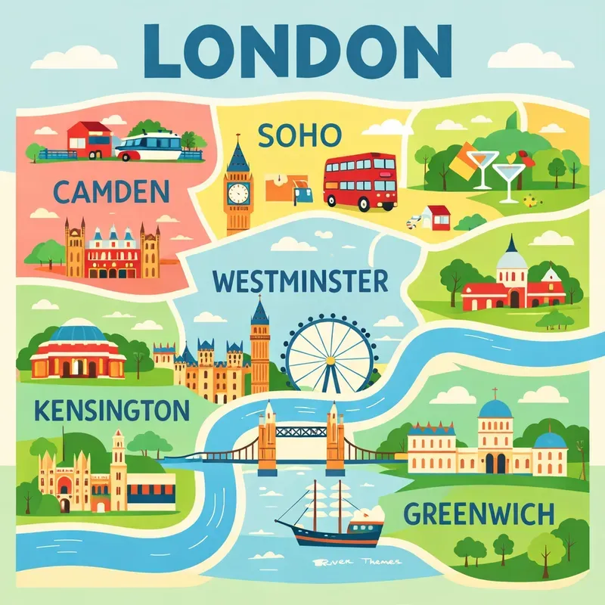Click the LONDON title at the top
[302, 47]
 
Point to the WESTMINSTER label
[300, 281]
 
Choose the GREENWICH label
[479, 515]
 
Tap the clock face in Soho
[238, 192]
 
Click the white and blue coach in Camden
[151, 144]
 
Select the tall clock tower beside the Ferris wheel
[260, 344]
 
